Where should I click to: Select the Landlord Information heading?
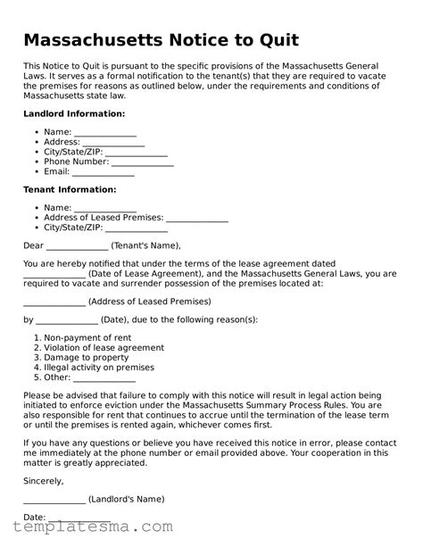click(73, 115)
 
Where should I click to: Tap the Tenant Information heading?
click(70, 190)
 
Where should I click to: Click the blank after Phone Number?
click(142, 162)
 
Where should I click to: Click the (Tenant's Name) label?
click(146, 246)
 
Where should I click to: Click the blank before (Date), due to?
click(67, 319)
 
